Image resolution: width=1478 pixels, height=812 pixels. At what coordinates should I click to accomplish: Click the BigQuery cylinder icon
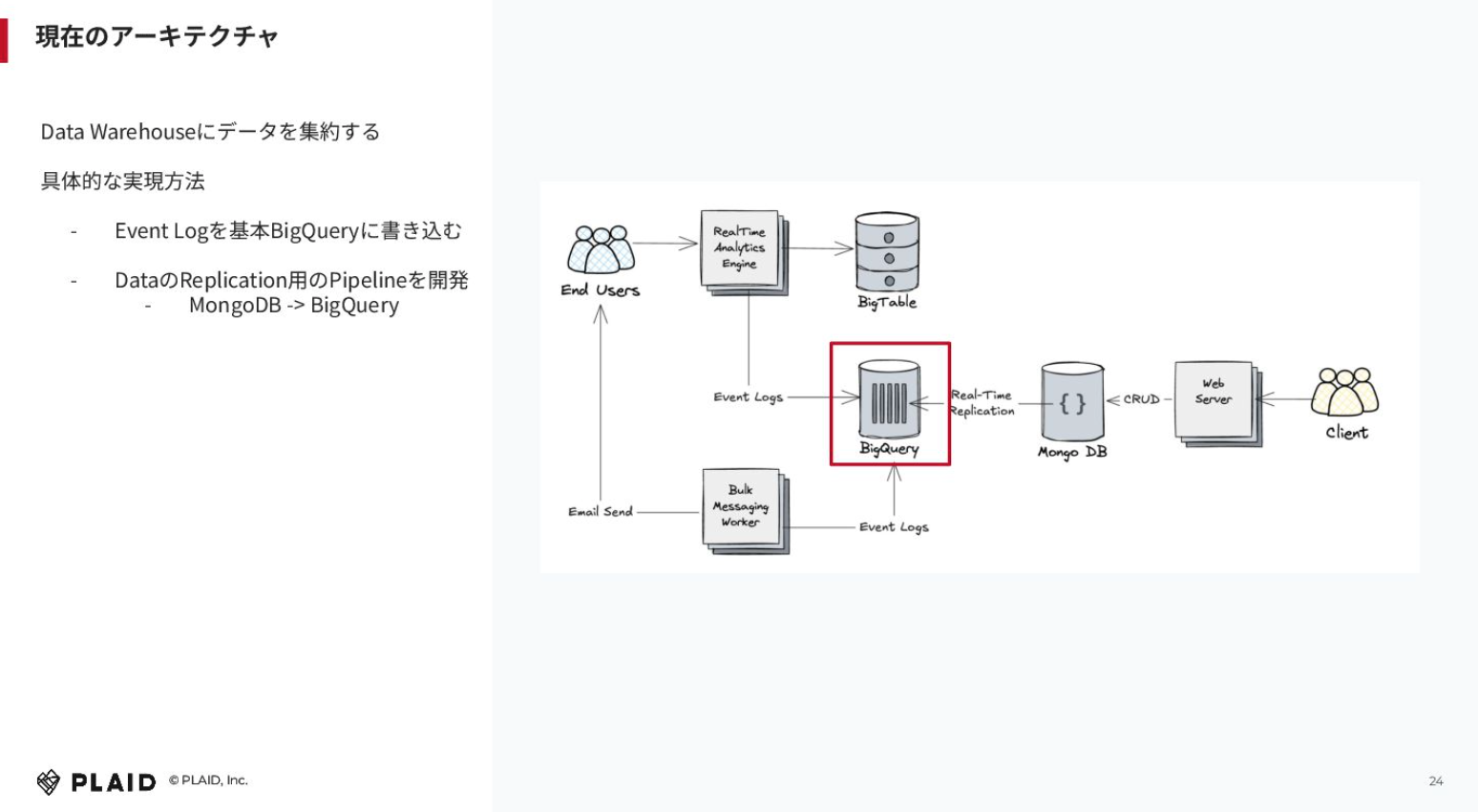click(x=889, y=399)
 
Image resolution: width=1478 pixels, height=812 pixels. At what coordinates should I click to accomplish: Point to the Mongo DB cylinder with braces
click(x=1072, y=401)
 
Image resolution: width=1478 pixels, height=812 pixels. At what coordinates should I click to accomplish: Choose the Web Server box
click(x=1218, y=404)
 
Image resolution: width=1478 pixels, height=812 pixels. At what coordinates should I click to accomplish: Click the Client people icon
click(x=1344, y=392)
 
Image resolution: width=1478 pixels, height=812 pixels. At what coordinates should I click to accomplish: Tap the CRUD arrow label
click(x=1142, y=399)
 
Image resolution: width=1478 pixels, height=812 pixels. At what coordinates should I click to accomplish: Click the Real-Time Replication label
click(x=982, y=403)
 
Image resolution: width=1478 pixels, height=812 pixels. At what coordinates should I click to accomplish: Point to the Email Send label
click(x=601, y=512)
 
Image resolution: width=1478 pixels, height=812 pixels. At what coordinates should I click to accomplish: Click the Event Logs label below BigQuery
click(x=894, y=526)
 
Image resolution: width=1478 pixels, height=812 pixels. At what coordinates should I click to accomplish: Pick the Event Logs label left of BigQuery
click(x=749, y=396)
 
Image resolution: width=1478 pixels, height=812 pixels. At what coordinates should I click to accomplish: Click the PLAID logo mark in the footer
click(x=48, y=782)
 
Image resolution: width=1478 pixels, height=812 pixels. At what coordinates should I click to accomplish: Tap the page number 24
click(x=1436, y=781)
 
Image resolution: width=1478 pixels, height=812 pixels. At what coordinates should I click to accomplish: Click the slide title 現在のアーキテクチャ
click(x=157, y=36)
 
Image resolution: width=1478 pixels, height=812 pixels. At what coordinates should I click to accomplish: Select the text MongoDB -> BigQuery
click(x=294, y=306)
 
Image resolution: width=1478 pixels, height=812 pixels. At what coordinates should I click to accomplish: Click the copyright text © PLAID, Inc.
click(x=208, y=780)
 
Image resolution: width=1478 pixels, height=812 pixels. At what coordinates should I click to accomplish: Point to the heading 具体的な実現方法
click(x=123, y=181)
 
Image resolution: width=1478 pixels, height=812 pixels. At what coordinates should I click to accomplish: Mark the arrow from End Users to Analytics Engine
click(x=665, y=243)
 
